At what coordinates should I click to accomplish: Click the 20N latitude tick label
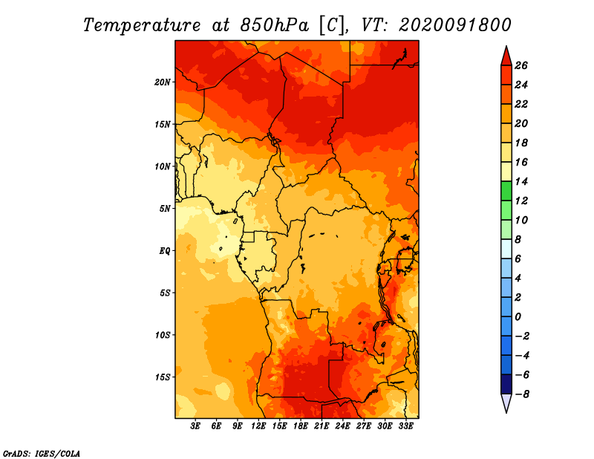point(163,82)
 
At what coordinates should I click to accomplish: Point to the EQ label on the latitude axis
point(165,251)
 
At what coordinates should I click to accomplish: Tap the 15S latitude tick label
point(163,377)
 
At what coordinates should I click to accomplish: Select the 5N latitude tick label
point(165,209)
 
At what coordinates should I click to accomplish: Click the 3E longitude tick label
point(195,426)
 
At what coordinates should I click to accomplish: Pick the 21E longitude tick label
point(322,426)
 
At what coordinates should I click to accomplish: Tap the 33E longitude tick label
point(405,426)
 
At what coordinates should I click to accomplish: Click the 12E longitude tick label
point(258,426)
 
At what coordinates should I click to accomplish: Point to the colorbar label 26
point(521,65)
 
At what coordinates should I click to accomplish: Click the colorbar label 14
point(521,181)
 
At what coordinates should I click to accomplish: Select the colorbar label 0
point(518,317)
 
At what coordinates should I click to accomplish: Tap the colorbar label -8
point(522,394)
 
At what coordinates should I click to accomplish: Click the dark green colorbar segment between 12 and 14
point(506,191)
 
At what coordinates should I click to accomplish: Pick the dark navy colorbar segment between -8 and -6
point(506,384)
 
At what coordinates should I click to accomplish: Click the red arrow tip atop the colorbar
point(506,46)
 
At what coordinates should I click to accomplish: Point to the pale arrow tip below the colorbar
point(506,412)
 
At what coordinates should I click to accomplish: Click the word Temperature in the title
point(142,25)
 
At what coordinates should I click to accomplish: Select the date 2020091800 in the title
point(455,25)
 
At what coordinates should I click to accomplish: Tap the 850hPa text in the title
point(275,25)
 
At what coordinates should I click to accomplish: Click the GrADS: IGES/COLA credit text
point(42,453)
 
